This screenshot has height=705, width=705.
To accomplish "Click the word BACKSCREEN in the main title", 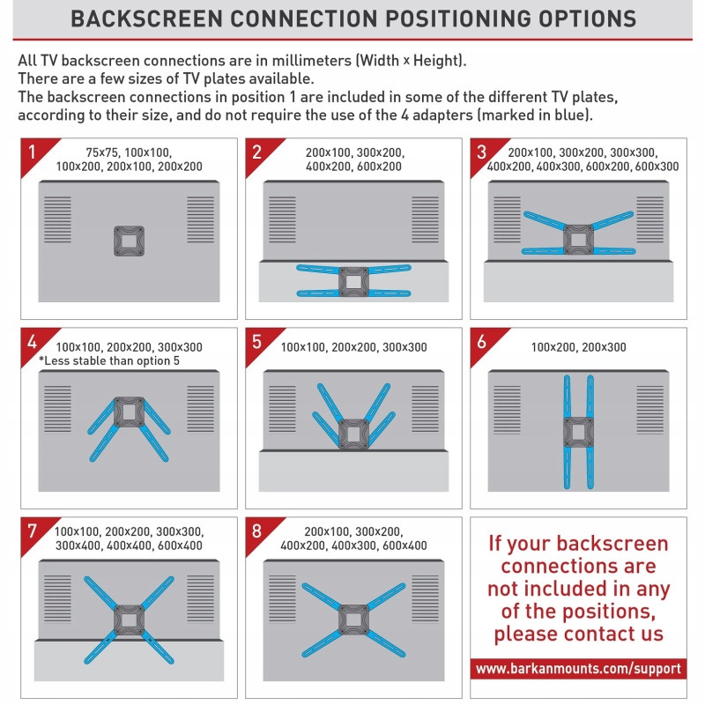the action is point(146,19).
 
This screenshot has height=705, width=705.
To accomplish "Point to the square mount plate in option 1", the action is point(129,241).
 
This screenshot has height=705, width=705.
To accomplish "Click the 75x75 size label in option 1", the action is point(102,152).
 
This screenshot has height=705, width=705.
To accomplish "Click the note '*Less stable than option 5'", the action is point(109,360).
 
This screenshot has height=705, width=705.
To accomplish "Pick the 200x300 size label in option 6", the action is point(604,347).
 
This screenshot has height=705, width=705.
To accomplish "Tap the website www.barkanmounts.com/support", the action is point(578,669).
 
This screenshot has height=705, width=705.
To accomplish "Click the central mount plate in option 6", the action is point(578,432).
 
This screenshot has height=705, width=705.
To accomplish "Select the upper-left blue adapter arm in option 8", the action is point(322,597).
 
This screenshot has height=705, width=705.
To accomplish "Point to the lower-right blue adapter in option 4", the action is point(154,444).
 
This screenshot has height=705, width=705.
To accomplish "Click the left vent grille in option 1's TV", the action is point(57,219).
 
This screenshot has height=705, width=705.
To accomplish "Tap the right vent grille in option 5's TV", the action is point(425,409).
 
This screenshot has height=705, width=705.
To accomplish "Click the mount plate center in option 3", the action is point(578,240).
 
